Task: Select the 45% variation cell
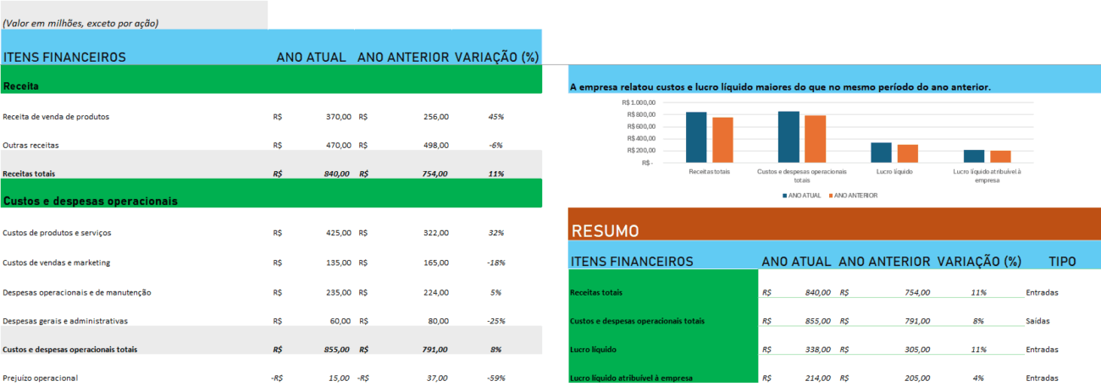pos(496,117)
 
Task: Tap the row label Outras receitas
pos(30,146)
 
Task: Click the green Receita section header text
pos(21,86)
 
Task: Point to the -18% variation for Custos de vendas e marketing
pos(496,262)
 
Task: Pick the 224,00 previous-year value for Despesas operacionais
pos(435,292)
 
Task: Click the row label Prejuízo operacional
pos(40,378)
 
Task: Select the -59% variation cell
pos(496,378)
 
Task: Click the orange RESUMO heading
pos(606,231)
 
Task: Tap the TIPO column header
pos(1062,262)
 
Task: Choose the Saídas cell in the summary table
pos(1039,322)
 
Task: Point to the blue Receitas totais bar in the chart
pos(696,136)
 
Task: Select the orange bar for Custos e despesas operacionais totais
pos(815,139)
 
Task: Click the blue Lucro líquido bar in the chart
pos(881,152)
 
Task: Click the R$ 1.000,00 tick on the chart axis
pos(642,102)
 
